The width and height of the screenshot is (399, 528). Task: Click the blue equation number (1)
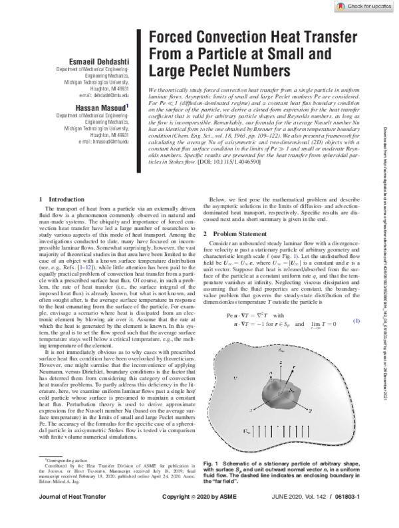click(356, 321)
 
